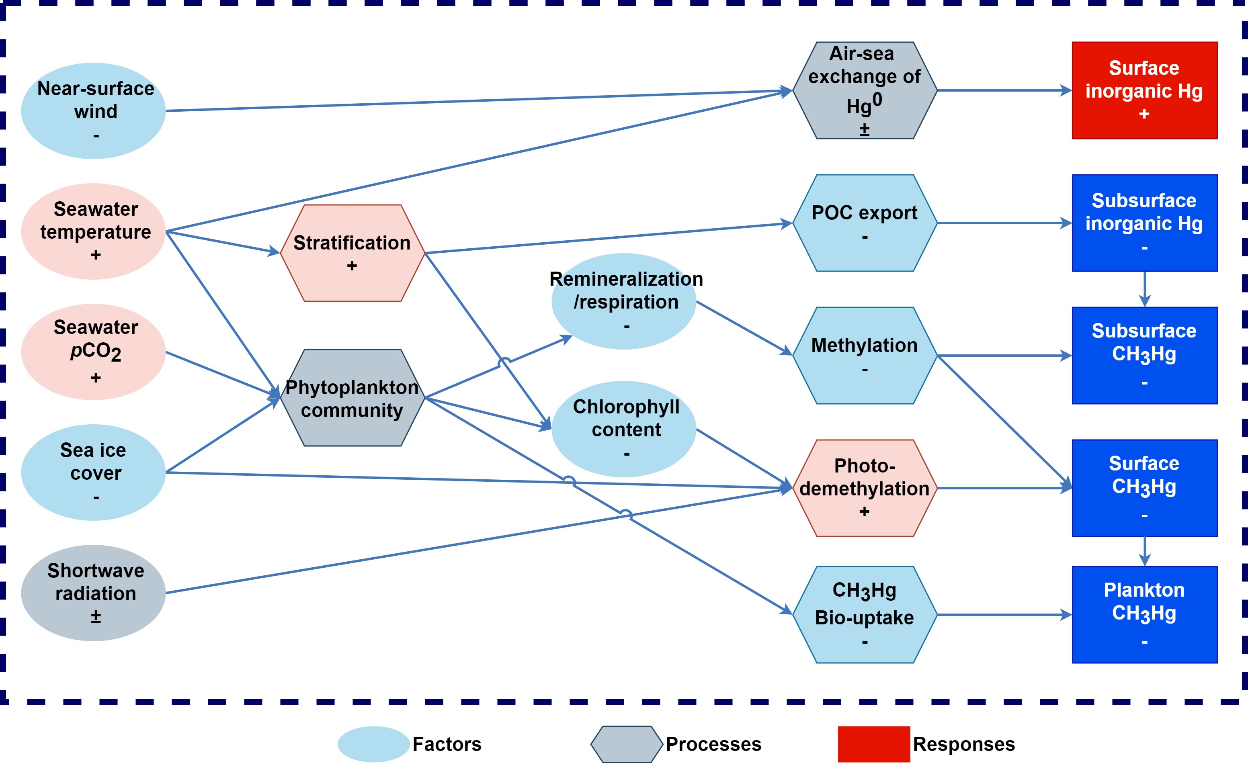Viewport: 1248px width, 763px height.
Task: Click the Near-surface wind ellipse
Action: click(x=94, y=110)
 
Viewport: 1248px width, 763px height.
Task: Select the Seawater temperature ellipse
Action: click(x=94, y=231)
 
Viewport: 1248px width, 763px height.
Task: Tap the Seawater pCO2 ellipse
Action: click(x=94, y=352)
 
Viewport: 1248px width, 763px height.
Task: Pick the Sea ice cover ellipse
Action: click(x=94, y=473)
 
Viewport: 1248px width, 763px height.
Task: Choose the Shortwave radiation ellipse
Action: click(x=94, y=593)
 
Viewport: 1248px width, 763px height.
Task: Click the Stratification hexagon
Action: click(x=352, y=253)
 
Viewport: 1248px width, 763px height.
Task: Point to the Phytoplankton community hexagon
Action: click(x=352, y=397)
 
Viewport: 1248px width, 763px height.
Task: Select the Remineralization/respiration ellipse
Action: click(x=624, y=301)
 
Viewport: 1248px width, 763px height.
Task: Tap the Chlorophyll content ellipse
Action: click(x=624, y=429)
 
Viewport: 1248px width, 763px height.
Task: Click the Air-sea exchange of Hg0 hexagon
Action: click(x=865, y=90)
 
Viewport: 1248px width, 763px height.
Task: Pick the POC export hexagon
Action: click(x=865, y=223)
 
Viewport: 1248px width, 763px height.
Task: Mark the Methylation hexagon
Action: click(x=865, y=356)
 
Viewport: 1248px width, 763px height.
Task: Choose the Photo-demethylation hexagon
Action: click(x=865, y=488)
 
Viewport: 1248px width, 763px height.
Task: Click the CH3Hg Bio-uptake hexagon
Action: click(x=865, y=615)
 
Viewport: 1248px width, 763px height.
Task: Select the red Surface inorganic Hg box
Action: click(x=1144, y=90)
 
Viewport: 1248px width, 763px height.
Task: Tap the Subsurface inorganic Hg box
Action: click(x=1144, y=223)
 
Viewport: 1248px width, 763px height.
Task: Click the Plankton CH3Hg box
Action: click(x=1144, y=615)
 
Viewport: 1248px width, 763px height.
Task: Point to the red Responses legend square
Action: click(x=874, y=744)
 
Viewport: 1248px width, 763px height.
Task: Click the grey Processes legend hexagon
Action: click(x=627, y=744)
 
